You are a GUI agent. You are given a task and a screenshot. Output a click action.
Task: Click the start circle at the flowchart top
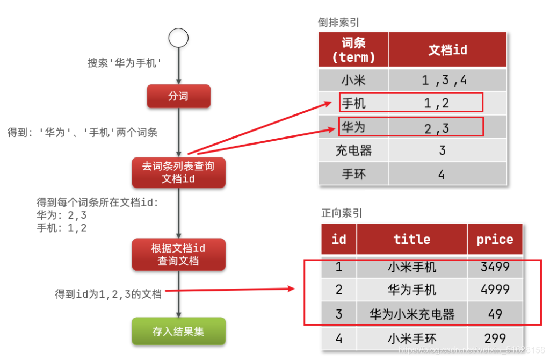[178, 38]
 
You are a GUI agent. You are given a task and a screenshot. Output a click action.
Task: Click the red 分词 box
[178, 96]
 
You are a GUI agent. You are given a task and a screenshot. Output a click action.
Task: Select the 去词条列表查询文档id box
[178, 172]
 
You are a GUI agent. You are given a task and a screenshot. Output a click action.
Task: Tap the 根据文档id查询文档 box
[178, 255]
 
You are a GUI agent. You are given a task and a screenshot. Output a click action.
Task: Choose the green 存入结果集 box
[178, 331]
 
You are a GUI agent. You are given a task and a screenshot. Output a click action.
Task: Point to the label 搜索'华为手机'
[125, 63]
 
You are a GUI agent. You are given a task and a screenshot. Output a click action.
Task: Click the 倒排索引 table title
[338, 23]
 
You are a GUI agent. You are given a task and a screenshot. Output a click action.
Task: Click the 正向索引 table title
[342, 213]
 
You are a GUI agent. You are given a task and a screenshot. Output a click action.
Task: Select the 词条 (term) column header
[353, 50]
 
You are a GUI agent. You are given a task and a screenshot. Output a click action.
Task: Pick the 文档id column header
[447, 50]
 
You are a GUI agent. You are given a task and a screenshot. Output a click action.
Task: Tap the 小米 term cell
[353, 81]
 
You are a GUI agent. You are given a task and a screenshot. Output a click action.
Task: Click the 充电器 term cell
[353, 150]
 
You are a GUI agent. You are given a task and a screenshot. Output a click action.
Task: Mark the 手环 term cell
[353, 174]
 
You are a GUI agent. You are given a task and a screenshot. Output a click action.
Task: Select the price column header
[495, 240]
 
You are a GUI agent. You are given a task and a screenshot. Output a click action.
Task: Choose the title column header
[412, 240]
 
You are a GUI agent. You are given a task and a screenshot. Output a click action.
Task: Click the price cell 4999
[495, 290]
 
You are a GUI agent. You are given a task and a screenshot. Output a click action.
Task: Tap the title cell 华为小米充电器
[412, 314]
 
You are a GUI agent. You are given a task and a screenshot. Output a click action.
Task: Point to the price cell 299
[495, 338]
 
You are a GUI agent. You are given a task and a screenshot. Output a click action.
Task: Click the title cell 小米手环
[412, 339]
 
